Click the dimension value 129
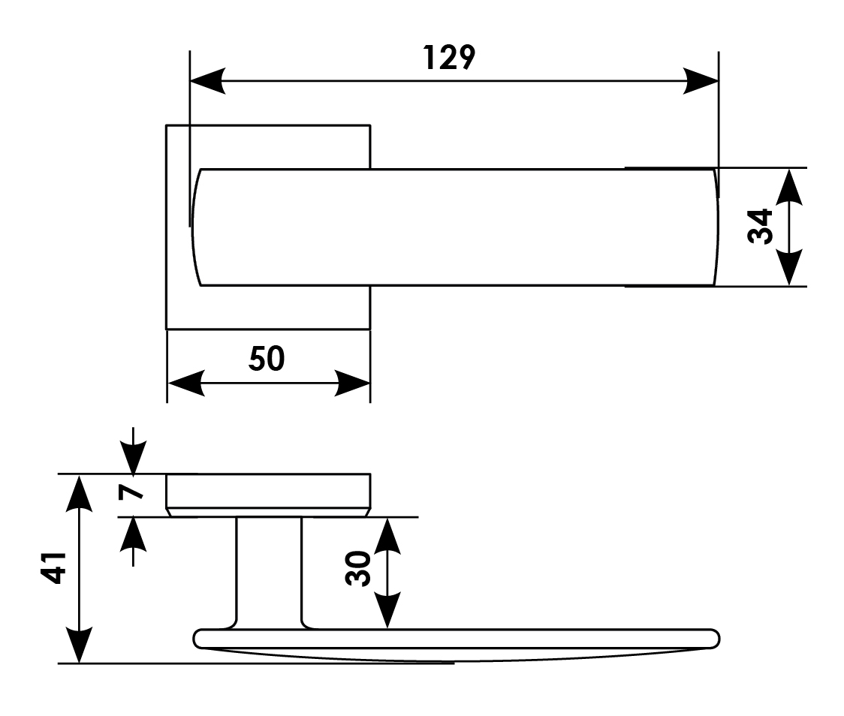450,58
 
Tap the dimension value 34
761,226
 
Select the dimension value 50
267,360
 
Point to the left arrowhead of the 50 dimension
185,383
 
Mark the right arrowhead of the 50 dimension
353,383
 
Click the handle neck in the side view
269,570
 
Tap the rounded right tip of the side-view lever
713,638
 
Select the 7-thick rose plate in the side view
267,493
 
